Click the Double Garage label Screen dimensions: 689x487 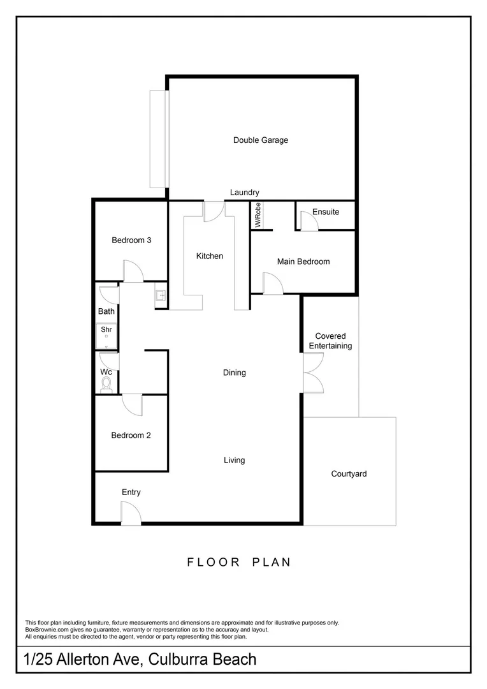[260, 140]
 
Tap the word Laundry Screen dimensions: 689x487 [244, 193]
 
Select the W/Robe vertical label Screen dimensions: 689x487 [258, 216]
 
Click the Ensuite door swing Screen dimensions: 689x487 [309, 222]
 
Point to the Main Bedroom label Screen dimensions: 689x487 [303, 262]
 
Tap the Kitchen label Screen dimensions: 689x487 [209, 256]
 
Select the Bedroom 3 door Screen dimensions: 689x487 [133, 271]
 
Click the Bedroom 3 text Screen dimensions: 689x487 [131, 241]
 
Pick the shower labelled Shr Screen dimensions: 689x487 [106, 336]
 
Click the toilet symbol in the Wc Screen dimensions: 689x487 [106, 383]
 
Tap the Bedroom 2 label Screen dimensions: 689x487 [131, 436]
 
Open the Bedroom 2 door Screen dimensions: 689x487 [133, 403]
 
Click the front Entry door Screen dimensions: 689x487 [131, 514]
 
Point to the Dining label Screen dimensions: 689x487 [234, 373]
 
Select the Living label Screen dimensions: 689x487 [234, 460]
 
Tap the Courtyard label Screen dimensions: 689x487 [349, 474]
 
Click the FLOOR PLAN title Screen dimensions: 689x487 [239, 562]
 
